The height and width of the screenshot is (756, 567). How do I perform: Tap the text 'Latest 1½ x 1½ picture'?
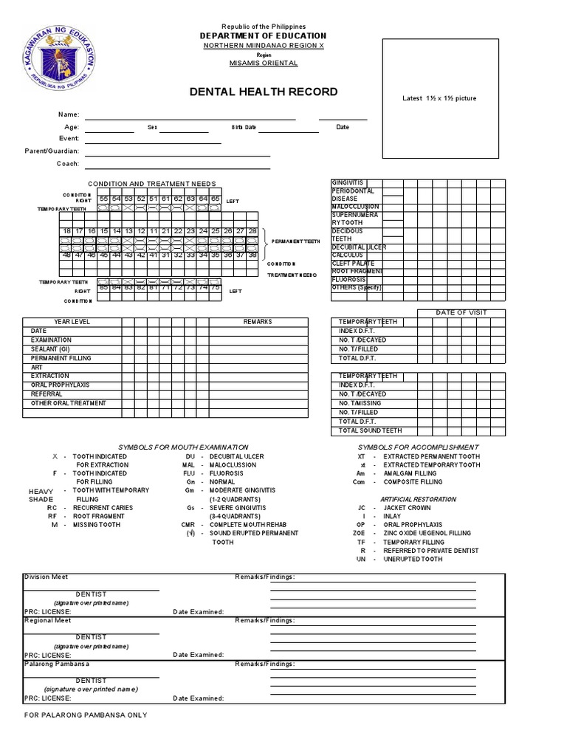[x=439, y=98]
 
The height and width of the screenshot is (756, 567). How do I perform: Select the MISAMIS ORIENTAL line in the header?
[x=264, y=63]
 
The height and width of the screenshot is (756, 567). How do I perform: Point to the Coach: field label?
[x=68, y=163]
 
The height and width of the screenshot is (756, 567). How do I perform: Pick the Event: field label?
[x=69, y=139]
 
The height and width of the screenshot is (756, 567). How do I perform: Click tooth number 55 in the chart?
[x=104, y=199]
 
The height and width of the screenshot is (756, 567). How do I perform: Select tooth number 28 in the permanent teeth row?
[x=252, y=231]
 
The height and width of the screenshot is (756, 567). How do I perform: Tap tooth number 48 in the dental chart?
[x=66, y=255]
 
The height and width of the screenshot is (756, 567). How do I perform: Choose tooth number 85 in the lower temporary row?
[x=104, y=287]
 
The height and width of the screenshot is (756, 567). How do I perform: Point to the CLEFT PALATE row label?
[x=354, y=263]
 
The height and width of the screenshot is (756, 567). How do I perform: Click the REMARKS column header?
[x=258, y=322]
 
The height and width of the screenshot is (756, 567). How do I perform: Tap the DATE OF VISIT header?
[x=461, y=313]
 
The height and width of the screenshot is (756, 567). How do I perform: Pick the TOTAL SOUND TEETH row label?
[x=370, y=430]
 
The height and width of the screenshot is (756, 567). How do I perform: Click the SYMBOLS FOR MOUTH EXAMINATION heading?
[x=184, y=447]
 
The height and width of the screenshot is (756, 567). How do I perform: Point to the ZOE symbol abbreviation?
[x=359, y=533]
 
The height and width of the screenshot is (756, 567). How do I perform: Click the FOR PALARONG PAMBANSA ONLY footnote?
[x=86, y=715]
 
